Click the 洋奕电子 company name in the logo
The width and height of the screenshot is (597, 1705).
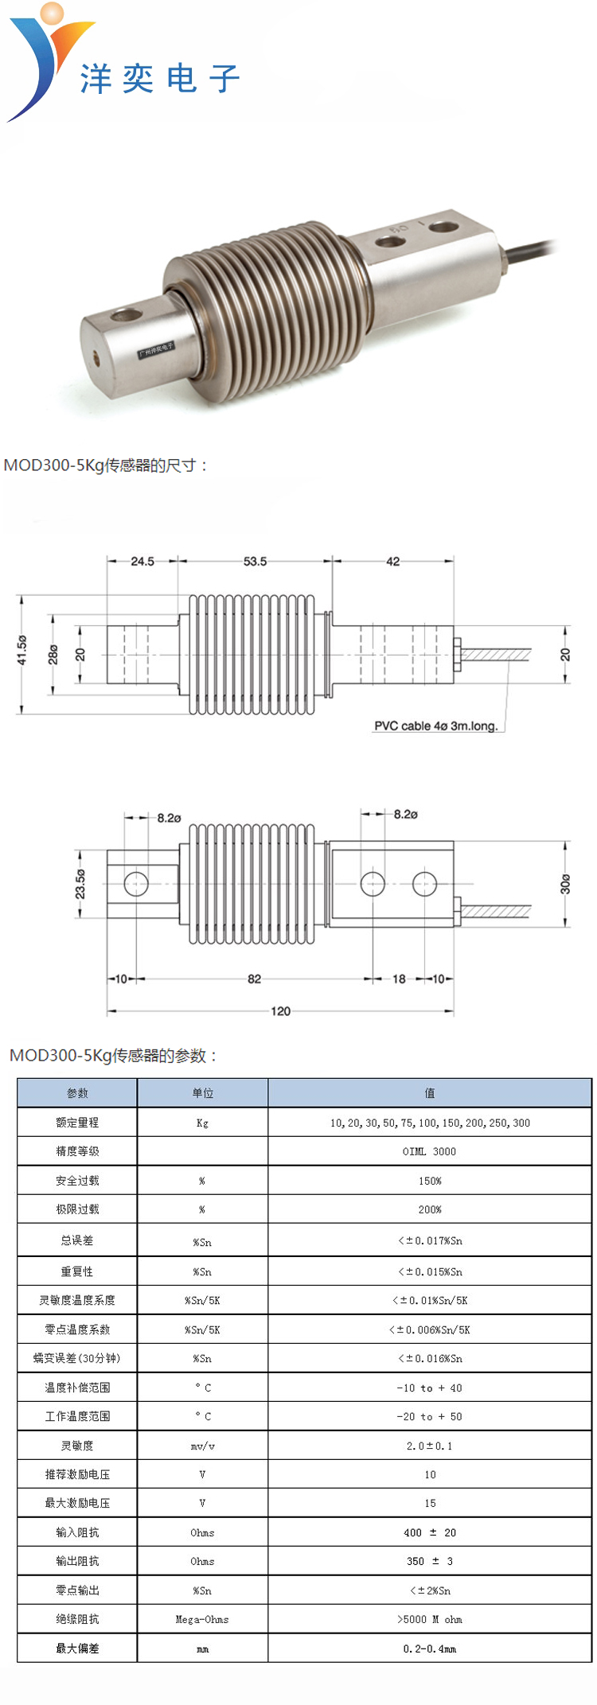(159, 79)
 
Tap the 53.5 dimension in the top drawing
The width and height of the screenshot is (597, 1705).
(255, 562)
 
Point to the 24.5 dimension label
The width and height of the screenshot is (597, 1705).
(142, 562)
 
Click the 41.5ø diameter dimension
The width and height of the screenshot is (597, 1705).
(22, 650)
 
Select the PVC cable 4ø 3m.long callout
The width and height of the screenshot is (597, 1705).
(435, 726)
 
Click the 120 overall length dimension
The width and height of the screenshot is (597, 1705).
(280, 1011)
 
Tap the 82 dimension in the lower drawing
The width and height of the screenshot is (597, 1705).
(254, 979)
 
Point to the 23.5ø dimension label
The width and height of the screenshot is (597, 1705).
(80, 884)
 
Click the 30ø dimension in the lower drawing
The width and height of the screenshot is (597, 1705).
(565, 884)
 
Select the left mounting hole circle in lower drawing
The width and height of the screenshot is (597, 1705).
(136, 884)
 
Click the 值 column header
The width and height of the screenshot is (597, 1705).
(430, 1093)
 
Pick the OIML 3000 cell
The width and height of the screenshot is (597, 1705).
(430, 1151)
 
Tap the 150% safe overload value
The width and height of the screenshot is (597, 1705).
(430, 1181)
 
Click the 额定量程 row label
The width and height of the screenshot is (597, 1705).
(77, 1123)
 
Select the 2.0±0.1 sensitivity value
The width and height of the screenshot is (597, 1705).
(430, 1446)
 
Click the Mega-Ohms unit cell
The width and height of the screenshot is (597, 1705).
(202, 1619)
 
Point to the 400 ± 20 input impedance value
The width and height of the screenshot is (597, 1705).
(430, 1532)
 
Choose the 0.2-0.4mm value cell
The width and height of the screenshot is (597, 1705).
(430, 1649)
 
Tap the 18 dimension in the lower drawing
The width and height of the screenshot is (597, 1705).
(399, 979)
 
